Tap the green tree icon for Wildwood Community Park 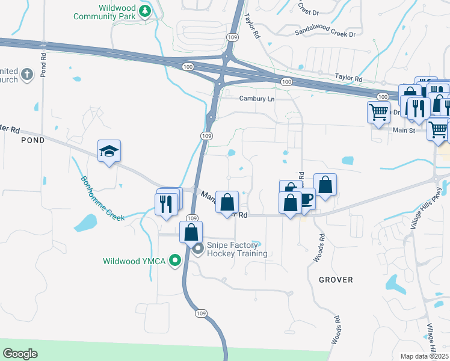[144, 10]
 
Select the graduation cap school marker [109, 151]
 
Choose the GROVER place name [336, 280]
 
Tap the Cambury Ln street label [256, 99]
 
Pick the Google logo [20, 354]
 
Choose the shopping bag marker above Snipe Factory [191, 232]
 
